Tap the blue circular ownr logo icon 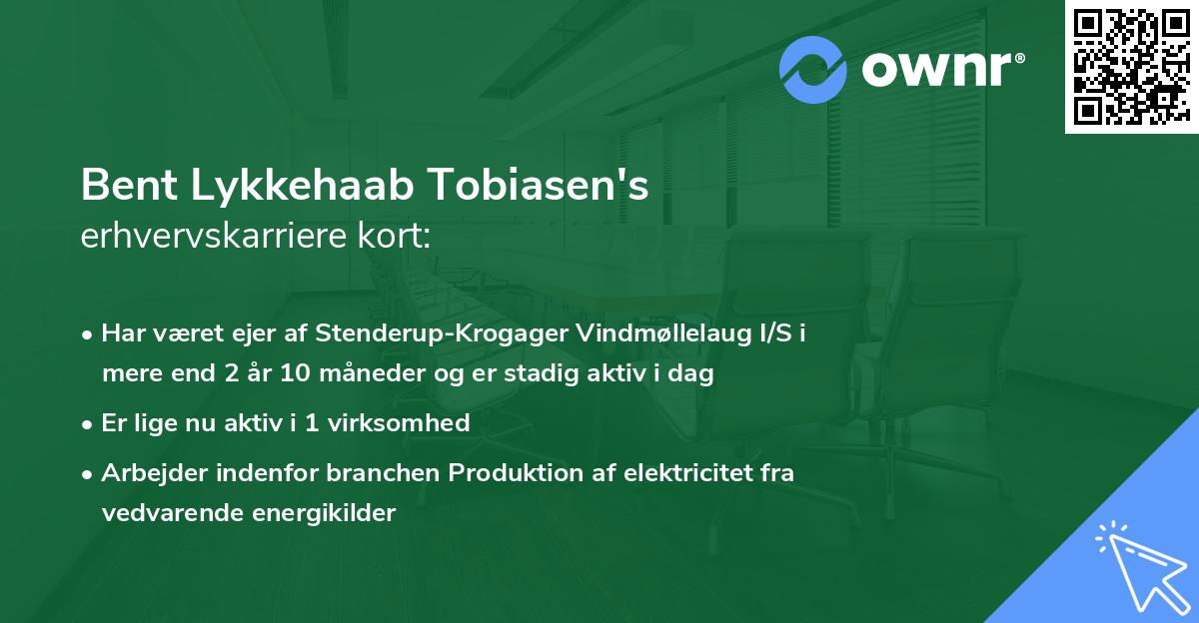[x=813, y=70]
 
